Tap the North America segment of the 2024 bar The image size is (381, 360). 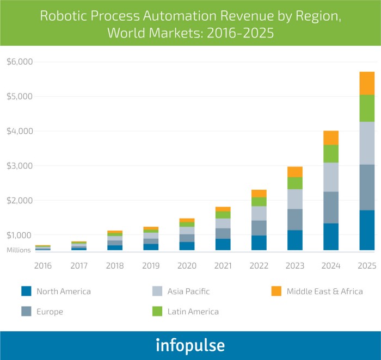(x=331, y=237)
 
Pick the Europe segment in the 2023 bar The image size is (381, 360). (x=295, y=219)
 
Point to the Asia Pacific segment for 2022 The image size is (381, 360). (x=259, y=213)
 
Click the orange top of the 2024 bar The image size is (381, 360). (x=331, y=138)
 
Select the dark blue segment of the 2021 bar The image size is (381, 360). (x=223, y=244)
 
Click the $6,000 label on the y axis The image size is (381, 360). (x=20, y=61)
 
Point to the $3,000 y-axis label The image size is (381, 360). (x=20, y=165)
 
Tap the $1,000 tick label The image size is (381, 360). (x=20, y=235)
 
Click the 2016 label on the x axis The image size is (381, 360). (x=43, y=265)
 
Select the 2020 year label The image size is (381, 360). (x=187, y=265)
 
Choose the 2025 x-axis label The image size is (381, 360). (x=367, y=265)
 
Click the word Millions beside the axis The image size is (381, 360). (x=19, y=251)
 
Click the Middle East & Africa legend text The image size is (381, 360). (x=325, y=291)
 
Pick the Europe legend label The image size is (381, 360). (x=50, y=312)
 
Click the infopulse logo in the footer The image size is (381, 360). (x=190, y=345)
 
